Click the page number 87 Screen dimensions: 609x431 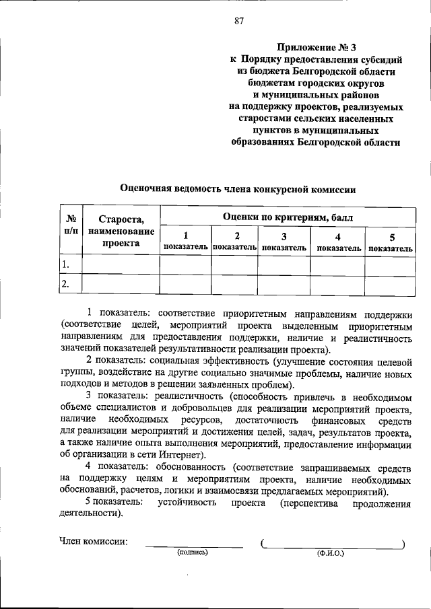tap(239, 20)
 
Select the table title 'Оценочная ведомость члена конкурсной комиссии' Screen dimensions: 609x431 tap(237, 190)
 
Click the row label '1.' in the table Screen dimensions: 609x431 tap(65, 264)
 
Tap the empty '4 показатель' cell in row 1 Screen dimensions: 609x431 tap(339, 264)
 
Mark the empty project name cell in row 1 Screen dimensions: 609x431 tap(121, 264)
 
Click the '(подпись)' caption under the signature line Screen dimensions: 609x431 tap(193, 552)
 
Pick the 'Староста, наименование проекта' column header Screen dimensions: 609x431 tap(121, 231)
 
